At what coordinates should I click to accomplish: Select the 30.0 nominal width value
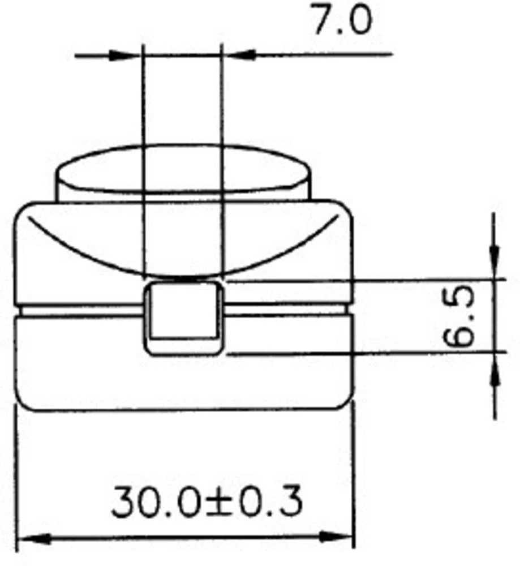pos(155,501)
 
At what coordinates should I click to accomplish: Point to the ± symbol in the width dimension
pos(219,503)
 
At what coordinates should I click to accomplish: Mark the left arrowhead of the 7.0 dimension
pos(126,55)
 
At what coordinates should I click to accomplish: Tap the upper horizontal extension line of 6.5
pos(362,280)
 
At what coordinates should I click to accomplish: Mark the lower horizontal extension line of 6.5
pos(362,353)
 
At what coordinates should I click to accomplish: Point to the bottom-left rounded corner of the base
pos(24,402)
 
